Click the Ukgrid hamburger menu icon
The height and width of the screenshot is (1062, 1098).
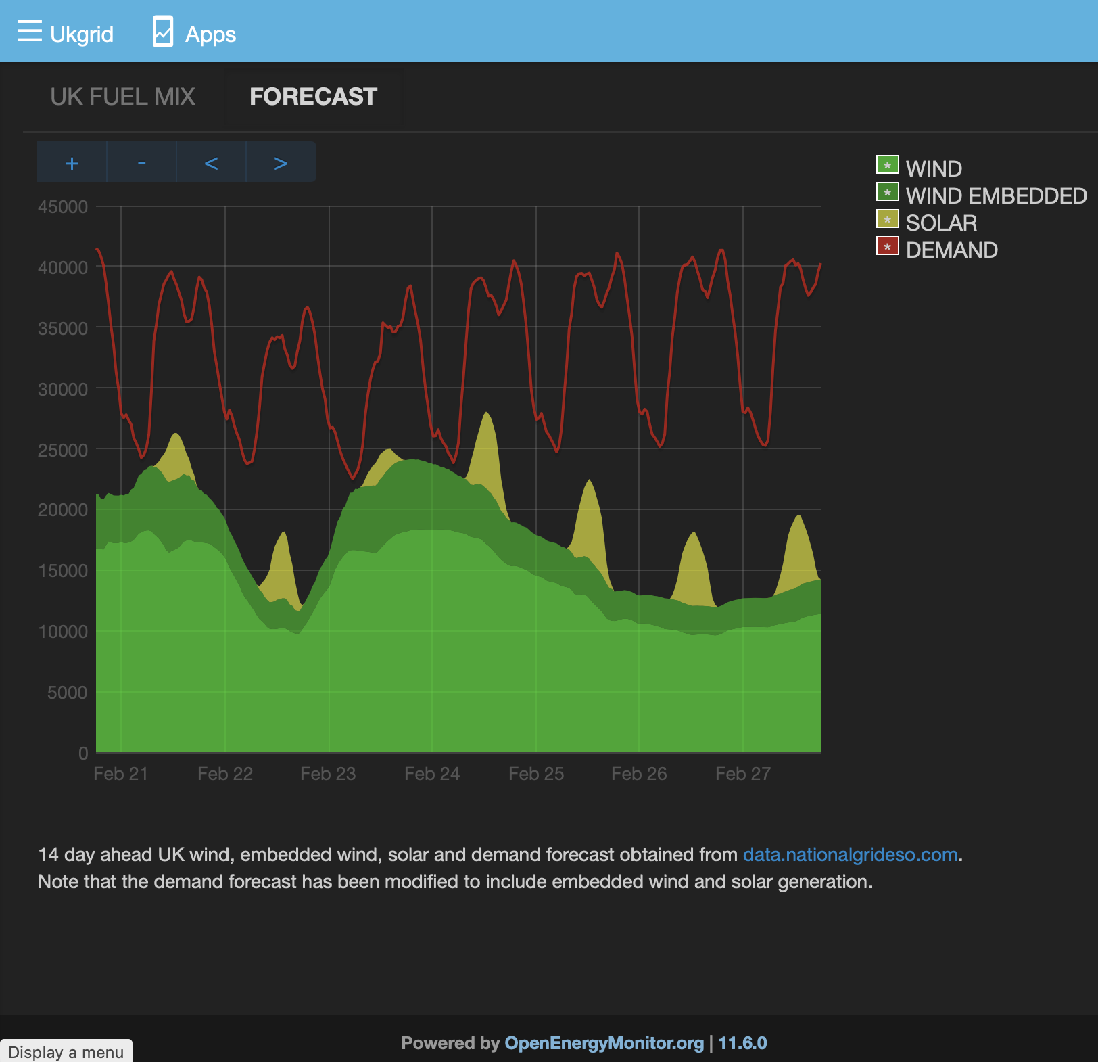[x=30, y=31]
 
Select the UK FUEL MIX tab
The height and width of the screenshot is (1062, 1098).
[x=122, y=97]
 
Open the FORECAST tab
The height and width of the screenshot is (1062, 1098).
[x=313, y=97]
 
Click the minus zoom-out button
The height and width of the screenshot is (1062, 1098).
[x=141, y=162]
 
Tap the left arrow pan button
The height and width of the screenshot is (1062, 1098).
[x=211, y=162]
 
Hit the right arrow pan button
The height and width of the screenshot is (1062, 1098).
[x=281, y=162]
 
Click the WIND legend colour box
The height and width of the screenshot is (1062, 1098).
[x=887, y=165]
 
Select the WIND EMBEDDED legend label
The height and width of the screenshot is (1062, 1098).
[x=996, y=195]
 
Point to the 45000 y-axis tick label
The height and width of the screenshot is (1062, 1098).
[x=63, y=207]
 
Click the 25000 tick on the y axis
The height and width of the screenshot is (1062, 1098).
[x=63, y=450]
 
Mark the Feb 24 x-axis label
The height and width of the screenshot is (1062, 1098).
[x=432, y=774]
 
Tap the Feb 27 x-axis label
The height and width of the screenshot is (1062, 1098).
[x=743, y=774]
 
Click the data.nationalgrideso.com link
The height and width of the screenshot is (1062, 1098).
[x=850, y=855]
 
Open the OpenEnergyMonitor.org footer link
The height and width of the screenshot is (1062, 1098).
[x=604, y=1043]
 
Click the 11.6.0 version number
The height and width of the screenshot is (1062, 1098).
[x=742, y=1043]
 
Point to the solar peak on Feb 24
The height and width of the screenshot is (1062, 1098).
[x=486, y=413]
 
